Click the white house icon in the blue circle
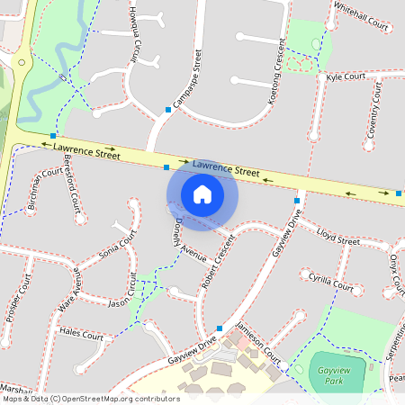[202, 194]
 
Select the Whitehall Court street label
[361, 17]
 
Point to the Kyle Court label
[346, 77]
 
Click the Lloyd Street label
[338, 236]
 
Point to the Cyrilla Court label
[331, 283]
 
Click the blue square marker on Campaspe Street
[168, 110]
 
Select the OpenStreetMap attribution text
[90, 398]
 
